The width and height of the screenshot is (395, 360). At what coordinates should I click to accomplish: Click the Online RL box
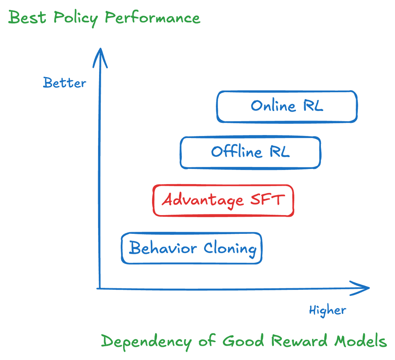click(x=287, y=107)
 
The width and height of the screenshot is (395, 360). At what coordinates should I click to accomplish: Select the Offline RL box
click(x=250, y=152)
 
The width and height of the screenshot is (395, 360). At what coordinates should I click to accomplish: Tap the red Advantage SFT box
click(x=223, y=201)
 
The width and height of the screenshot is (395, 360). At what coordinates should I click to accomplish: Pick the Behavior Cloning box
click(x=192, y=248)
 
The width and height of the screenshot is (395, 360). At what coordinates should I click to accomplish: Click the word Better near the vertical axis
click(x=64, y=83)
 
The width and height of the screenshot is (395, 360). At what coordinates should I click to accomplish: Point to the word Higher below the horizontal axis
click(x=327, y=310)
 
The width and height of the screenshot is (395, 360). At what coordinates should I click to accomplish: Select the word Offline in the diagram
click(x=236, y=152)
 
